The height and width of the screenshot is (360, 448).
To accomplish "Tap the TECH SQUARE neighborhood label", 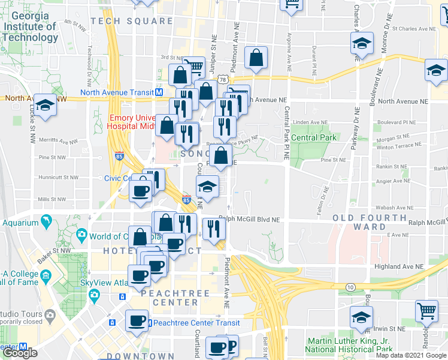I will pyautogui.click(x=132, y=21).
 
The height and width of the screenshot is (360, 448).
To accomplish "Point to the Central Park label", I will pyautogui.click(x=314, y=137).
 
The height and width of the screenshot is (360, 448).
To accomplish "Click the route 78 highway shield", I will pyautogui.click(x=223, y=79).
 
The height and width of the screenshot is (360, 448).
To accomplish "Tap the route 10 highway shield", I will pyautogui.click(x=349, y=288).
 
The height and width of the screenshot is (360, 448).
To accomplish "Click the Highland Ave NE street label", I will pyautogui.click(x=397, y=266).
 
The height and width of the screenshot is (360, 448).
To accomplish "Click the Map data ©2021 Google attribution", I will pyautogui.click(x=411, y=355).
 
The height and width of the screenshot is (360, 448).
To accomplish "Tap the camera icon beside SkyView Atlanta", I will pyautogui.click(x=94, y=295).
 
